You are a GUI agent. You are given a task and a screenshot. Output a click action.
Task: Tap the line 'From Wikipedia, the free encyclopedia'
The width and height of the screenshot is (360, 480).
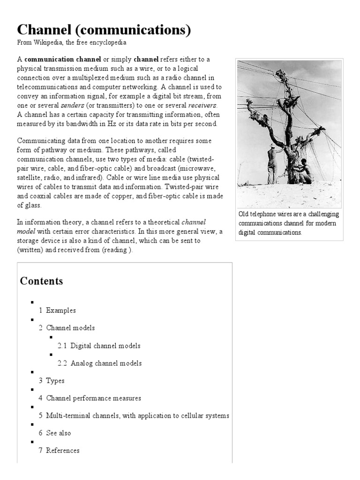[x=72, y=42]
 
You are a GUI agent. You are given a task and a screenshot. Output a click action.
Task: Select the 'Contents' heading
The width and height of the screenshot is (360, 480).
[x=41, y=281]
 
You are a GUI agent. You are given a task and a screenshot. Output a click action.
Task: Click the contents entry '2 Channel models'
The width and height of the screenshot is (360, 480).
[x=67, y=328]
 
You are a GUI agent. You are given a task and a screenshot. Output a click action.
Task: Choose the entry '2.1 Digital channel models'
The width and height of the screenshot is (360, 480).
[x=99, y=346]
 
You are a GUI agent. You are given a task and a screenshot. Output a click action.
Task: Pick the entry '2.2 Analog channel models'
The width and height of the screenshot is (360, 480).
[x=99, y=363]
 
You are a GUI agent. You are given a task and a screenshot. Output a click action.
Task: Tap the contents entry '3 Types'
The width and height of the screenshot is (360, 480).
[x=52, y=381]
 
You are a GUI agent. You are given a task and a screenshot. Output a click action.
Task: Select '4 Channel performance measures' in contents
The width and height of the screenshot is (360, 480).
[x=90, y=398]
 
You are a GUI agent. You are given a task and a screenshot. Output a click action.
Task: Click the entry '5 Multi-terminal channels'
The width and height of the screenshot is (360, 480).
[x=134, y=415]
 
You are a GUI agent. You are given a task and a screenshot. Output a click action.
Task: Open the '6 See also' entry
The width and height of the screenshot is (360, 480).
[x=55, y=433]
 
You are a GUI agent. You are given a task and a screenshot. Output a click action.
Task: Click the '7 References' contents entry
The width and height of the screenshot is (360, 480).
[x=59, y=450]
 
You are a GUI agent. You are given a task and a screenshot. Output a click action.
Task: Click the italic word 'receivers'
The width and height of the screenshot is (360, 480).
[x=203, y=105]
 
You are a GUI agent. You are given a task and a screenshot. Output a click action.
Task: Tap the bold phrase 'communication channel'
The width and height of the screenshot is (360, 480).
[x=63, y=60]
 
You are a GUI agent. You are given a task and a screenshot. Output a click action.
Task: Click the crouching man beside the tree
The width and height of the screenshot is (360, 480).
[x=305, y=171]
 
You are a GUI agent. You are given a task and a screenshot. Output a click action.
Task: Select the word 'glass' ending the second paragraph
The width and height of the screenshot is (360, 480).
[x=26, y=205]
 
